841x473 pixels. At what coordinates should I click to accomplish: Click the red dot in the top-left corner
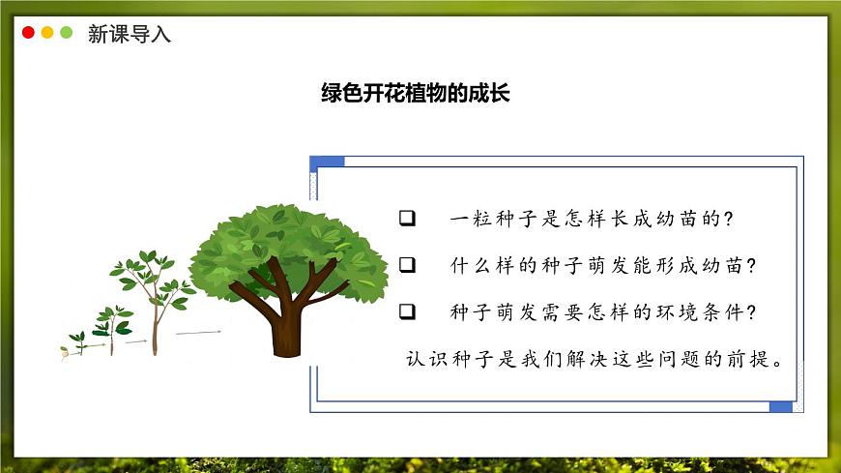(x=28, y=33)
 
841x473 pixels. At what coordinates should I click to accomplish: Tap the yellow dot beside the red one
(x=47, y=33)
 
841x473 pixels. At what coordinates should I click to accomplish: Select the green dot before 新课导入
(x=67, y=33)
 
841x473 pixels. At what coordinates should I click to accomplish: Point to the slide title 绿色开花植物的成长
(x=415, y=94)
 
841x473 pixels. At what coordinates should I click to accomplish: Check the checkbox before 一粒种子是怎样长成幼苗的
(x=407, y=219)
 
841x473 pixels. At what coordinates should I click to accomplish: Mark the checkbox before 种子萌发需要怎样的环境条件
(x=407, y=312)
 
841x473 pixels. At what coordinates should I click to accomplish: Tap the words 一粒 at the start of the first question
(x=472, y=219)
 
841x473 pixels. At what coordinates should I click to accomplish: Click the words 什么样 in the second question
(x=484, y=265)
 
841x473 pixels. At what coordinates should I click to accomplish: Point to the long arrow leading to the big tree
(x=198, y=333)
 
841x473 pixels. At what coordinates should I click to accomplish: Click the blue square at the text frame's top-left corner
(x=327, y=162)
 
